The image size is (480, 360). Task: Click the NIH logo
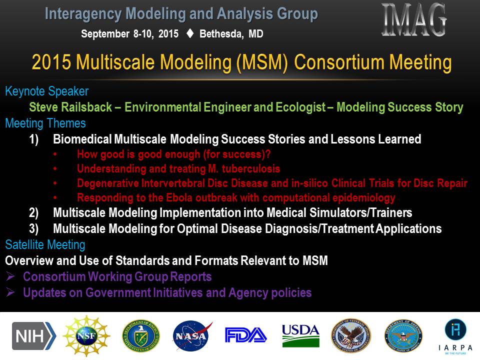coord(34,336)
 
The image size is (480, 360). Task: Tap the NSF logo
coord(86,336)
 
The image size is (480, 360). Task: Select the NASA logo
coord(192,336)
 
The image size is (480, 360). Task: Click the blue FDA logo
coord(246,335)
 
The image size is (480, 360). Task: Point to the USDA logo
coord(300,336)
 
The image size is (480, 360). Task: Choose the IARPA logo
coord(455,336)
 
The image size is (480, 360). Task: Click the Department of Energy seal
coord(141,336)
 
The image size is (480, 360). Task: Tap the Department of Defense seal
coord(403,336)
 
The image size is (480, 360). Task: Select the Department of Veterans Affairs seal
coord(351,336)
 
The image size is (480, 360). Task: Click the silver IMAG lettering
coord(414,20)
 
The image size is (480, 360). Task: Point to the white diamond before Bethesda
coord(190,33)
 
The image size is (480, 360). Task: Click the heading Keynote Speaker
coord(47,91)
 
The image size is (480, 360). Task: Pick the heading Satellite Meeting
coord(45,245)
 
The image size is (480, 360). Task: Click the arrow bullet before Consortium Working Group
coord(10,276)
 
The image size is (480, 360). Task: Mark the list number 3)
coord(34,229)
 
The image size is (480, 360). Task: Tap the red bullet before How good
coord(55,154)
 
